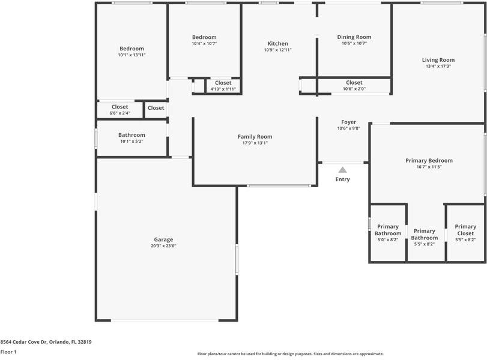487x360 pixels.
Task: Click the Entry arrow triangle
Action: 342,170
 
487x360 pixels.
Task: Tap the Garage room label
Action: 163,239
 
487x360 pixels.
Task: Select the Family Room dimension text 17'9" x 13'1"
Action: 255,143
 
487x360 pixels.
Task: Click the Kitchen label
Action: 277,43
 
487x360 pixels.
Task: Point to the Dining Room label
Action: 354,37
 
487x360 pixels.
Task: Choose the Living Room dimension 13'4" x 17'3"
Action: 438,67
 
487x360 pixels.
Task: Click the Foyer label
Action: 348,122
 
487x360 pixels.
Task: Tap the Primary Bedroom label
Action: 429,160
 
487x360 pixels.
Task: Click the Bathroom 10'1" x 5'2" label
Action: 132,135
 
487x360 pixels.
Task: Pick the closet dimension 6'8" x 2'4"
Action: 119,113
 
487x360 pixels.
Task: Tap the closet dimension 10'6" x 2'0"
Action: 354,89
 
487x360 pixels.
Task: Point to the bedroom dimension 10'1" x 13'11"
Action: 132,55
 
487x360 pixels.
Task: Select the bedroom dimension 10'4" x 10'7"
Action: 204,43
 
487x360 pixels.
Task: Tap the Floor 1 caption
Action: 8,352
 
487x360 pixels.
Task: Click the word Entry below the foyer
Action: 342,179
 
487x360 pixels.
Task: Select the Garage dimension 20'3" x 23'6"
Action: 163,246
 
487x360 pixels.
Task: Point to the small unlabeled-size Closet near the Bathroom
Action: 156,108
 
